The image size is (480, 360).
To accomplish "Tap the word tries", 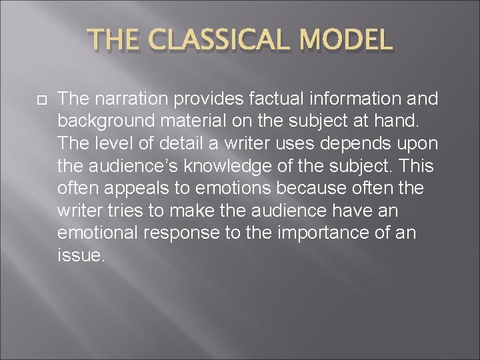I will [120, 210].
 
